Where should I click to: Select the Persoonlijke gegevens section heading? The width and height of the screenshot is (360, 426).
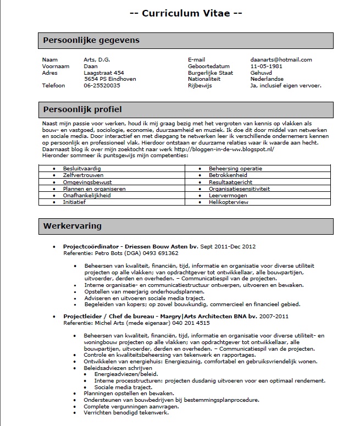91,41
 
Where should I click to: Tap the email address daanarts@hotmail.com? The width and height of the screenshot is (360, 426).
281,60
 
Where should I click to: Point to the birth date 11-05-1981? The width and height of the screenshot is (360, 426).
265,67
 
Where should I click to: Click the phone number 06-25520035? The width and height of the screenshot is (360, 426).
102,86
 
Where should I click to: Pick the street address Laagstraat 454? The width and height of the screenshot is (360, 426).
103,73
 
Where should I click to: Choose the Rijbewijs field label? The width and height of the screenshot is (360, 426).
200,86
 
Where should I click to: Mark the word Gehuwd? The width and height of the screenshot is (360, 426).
261,73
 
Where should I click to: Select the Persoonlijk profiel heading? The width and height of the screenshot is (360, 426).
82,109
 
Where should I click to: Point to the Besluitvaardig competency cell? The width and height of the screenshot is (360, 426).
81,168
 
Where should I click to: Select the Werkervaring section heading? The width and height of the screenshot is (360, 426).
73,226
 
